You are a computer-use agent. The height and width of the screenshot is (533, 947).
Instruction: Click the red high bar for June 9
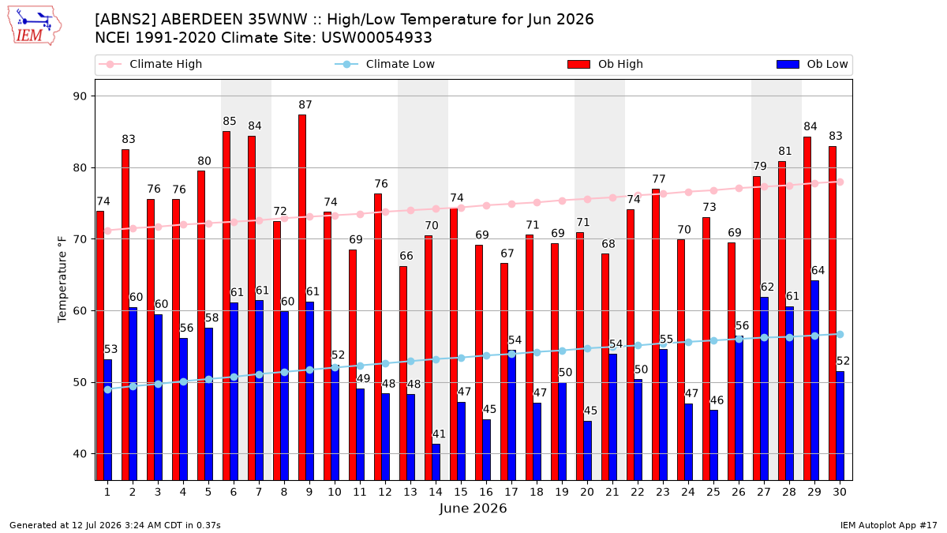tap(301, 298)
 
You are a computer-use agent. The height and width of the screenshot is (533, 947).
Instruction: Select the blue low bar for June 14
tap(436, 462)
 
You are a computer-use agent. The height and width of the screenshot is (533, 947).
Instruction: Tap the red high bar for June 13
tap(403, 373)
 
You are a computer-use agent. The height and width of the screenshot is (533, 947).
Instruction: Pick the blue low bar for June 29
tap(814, 381)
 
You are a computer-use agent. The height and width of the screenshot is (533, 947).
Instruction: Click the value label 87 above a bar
tap(305, 104)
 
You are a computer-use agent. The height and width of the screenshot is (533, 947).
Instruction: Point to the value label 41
tap(439, 434)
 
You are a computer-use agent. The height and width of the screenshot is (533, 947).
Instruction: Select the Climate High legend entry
tap(151, 64)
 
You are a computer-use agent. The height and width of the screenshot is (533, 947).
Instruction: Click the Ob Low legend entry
tap(812, 64)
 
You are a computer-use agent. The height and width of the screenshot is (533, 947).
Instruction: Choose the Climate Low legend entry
tap(385, 64)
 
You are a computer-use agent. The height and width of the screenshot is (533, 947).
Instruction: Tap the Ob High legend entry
tap(605, 64)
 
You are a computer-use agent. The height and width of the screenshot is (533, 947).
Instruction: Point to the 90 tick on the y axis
tap(80, 96)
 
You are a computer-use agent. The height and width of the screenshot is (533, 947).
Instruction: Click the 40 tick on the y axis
tap(80, 454)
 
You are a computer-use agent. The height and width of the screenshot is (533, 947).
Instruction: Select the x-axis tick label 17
tap(511, 492)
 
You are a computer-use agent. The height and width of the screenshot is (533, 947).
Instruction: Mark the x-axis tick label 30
tap(840, 492)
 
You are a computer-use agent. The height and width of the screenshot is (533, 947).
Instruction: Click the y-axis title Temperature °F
tap(62, 280)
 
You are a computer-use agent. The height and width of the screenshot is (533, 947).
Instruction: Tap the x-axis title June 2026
tap(473, 508)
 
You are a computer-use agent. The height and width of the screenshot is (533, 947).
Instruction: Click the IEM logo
tap(35, 26)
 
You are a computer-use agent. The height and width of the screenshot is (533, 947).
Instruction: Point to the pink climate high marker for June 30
tap(840, 182)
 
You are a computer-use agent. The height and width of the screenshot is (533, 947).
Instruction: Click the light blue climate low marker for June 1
tap(108, 389)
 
